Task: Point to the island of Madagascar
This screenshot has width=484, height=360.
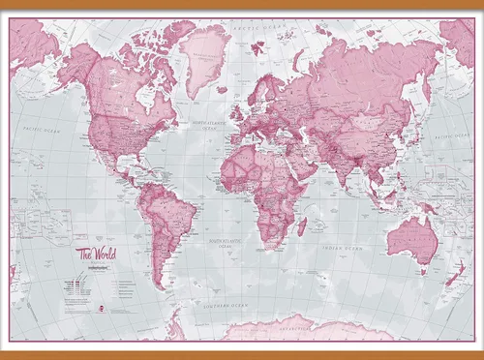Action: point(302,226)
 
